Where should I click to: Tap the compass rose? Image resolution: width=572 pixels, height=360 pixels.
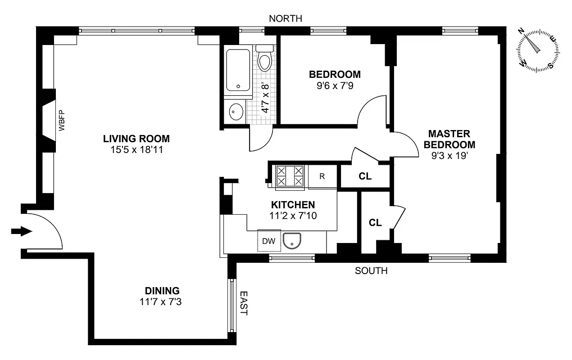click(538, 49)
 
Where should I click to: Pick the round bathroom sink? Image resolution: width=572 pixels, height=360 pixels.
click(236, 112)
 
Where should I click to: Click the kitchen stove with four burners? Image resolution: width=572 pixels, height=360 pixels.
click(290, 175)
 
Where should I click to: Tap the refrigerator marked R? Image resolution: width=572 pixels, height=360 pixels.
click(322, 176)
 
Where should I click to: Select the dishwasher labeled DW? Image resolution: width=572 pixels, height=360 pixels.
click(269, 241)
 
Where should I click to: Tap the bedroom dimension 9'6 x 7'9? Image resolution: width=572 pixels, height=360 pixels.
click(334, 85)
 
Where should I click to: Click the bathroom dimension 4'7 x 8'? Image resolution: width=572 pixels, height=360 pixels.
click(265, 98)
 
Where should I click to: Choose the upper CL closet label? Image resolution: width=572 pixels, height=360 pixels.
click(365, 176)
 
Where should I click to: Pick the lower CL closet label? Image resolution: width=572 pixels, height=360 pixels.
click(375, 223)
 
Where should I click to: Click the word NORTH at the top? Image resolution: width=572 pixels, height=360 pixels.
click(285, 18)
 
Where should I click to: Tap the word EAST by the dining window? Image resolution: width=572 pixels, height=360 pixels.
click(244, 303)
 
